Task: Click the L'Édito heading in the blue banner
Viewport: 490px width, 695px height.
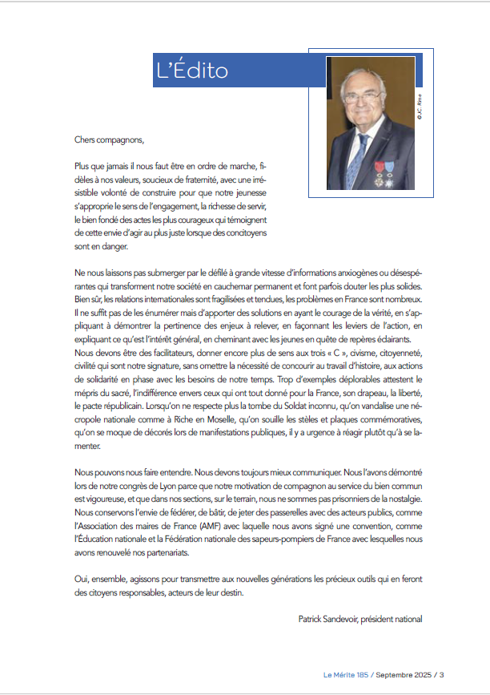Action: point(192,71)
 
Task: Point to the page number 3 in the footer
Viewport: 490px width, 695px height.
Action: point(441,675)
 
